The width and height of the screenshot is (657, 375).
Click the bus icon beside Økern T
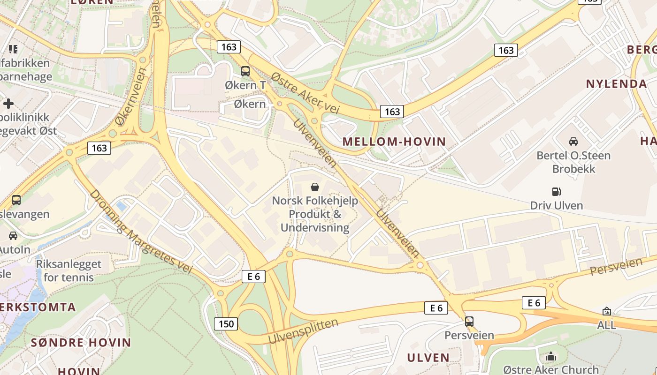245,71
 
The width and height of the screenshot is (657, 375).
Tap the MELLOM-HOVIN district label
394,142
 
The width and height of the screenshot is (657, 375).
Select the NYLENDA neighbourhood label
616,84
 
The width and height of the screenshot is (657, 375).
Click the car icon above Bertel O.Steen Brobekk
573,141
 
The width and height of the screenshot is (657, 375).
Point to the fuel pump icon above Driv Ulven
557,191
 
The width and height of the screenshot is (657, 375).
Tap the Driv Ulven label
557,205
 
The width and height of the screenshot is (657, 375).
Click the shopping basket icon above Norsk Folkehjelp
315,187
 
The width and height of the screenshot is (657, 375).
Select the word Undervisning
315,228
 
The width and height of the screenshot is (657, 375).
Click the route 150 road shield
226,323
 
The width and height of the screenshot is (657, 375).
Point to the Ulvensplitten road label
303,331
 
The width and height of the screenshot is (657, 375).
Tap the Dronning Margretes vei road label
141,232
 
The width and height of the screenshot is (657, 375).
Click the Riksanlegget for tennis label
69,270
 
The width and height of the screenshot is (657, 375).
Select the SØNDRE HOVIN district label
81,342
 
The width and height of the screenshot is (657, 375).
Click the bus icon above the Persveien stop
469,322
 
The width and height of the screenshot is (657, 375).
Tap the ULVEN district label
428,358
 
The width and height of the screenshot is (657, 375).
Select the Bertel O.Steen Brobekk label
573,162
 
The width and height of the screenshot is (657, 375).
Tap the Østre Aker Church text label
551,369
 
